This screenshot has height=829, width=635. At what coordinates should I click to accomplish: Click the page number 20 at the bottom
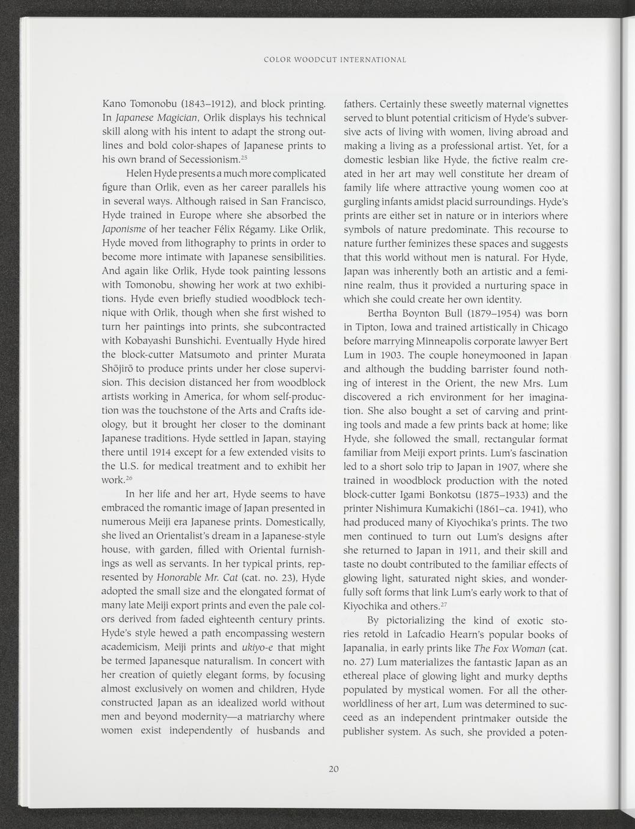point(335,769)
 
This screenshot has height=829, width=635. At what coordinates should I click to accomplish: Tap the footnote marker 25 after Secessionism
point(243,158)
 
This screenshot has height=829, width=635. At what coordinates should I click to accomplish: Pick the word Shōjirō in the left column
point(120,369)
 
